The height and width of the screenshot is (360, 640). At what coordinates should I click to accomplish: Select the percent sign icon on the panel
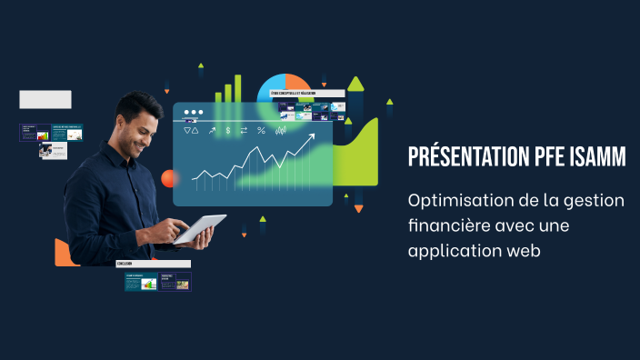pyautogui.click(x=261, y=131)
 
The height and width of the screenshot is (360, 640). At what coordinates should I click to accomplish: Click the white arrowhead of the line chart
pyautogui.click(x=311, y=139)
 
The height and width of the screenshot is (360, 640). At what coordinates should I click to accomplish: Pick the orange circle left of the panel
pyautogui.click(x=168, y=178)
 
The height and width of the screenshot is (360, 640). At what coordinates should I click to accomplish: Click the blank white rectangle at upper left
pyautogui.click(x=45, y=99)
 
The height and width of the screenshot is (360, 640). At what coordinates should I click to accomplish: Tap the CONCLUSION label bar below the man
pyautogui.click(x=153, y=264)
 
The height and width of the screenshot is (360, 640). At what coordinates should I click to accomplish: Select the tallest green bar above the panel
pyautogui.click(x=238, y=87)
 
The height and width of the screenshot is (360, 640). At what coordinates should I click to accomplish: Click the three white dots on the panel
pyautogui.click(x=193, y=114)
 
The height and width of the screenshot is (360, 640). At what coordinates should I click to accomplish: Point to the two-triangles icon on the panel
pyautogui.click(x=190, y=131)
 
